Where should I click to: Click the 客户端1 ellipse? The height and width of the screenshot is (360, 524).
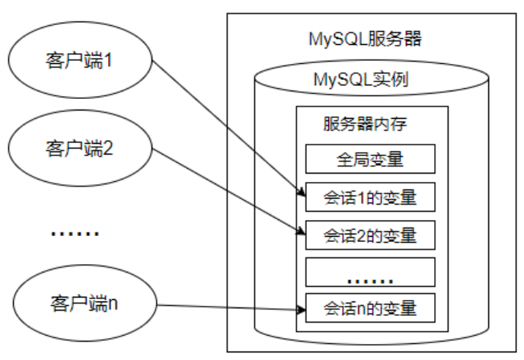80,60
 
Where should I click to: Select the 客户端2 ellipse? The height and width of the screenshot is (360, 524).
80,147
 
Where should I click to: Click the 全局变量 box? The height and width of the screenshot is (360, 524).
369,161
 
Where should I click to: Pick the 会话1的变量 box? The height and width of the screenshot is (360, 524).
369,197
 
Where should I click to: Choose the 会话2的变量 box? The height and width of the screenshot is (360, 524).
369,234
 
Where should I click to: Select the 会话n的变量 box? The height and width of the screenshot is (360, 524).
369,308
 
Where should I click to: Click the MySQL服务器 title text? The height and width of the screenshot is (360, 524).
366,38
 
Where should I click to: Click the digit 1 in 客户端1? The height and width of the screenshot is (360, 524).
108,60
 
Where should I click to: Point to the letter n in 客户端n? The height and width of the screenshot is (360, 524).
112,302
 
